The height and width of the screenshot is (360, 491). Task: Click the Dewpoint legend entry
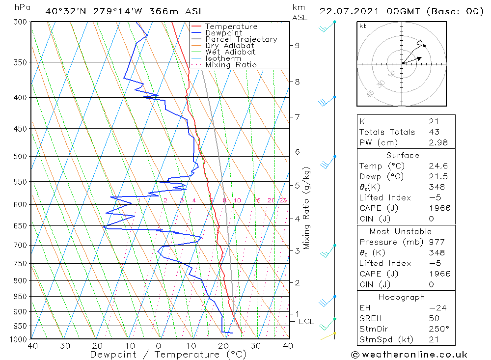point(223,33)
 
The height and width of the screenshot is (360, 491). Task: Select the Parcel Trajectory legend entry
point(241,39)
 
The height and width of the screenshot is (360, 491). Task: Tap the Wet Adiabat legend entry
point(230,52)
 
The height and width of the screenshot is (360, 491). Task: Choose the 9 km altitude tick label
point(297,46)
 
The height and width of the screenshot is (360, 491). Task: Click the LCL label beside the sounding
point(306,322)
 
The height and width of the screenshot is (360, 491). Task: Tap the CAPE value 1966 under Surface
point(438,208)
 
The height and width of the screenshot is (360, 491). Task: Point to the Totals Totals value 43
point(434,132)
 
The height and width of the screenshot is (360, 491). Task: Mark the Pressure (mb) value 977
point(436,242)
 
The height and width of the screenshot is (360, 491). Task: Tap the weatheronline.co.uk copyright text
point(409,355)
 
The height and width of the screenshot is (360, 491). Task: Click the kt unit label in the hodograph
point(362,26)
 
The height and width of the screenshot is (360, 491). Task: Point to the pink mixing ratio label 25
point(283,200)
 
